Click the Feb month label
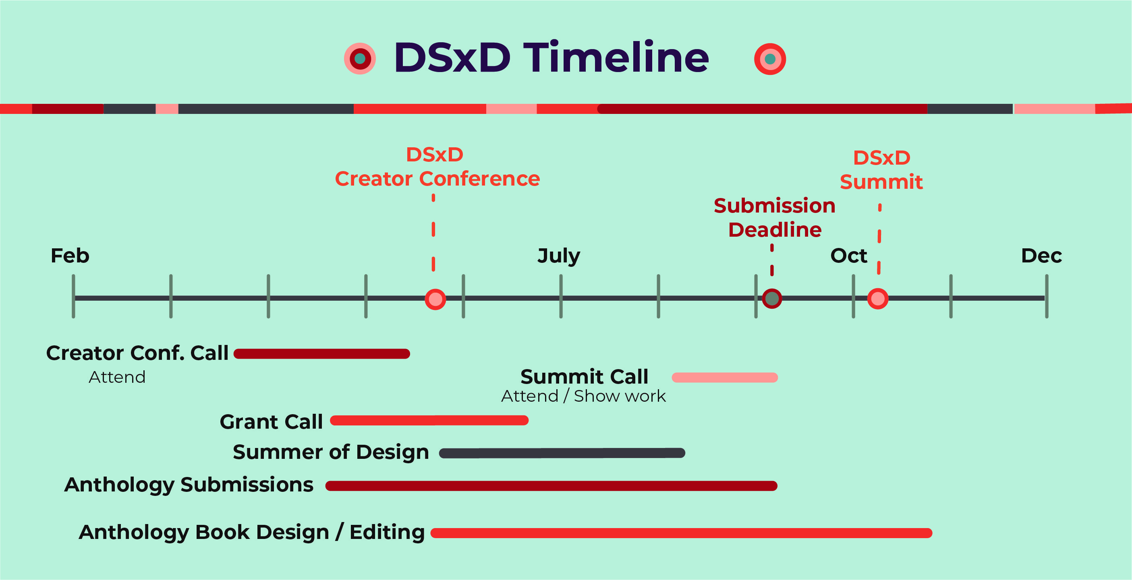(x=70, y=256)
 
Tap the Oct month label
(x=848, y=256)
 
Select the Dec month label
(x=1041, y=256)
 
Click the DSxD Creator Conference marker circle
(x=435, y=299)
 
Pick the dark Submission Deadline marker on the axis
(x=772, y=299)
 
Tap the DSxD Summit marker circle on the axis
(x=877, y=299)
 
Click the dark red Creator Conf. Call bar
(x=321, y=354)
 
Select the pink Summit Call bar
(x=725, y=378)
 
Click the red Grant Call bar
(x=429, y=421)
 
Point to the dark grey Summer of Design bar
(x=562, y=453)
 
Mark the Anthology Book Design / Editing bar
(x=681, y=533)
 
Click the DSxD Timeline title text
(x=551, y=58)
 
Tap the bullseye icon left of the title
(x=360, y=58)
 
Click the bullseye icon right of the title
(x=770, y=59)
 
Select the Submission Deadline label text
(x=775, y=218)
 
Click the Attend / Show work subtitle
(x=584, y=396)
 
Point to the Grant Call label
(x=271, y=421)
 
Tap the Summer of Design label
(x=331, y=452)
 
